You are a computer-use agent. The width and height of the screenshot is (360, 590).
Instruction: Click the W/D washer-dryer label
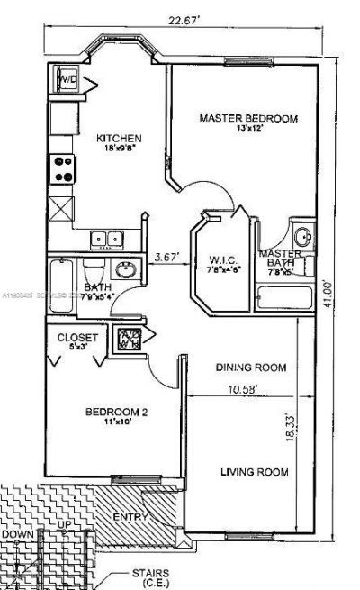tap(68, 80)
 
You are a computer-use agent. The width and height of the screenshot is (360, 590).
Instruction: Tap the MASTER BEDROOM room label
tap(247, 118)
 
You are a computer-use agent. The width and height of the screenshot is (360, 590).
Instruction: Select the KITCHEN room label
tap(120, 138)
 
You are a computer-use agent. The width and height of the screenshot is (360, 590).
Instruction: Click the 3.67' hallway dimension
tap(166, 256)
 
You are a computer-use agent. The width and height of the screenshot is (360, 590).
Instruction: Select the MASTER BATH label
tap(282, 259)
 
